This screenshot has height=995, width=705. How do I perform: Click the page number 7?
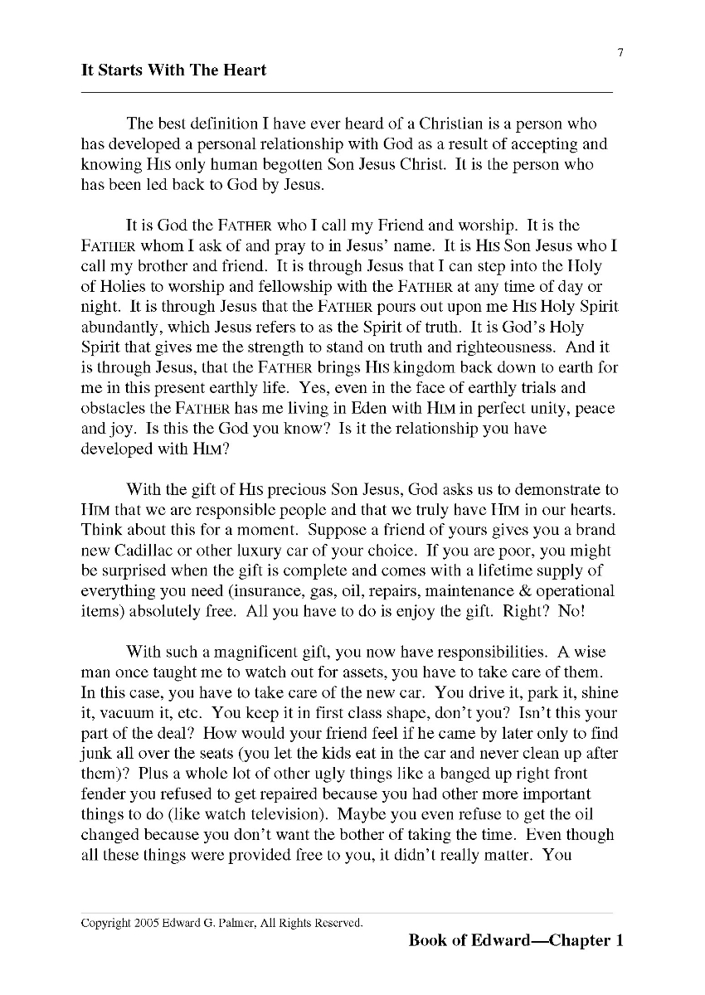[620, 54]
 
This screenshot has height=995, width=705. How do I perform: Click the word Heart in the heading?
[244, 70]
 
